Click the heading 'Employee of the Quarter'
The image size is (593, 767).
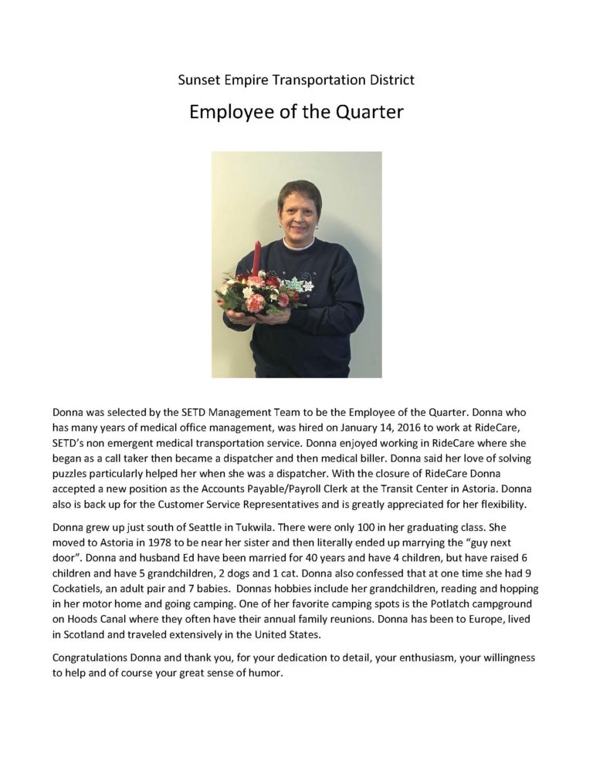pos(296,111)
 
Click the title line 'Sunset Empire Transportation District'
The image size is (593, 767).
pos(296,79)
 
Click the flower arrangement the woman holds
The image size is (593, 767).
pos(255,292)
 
